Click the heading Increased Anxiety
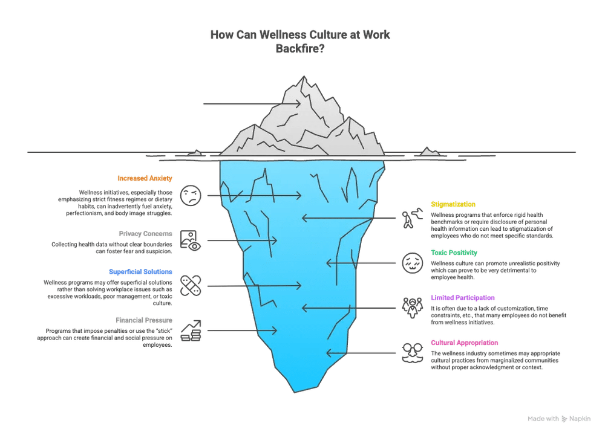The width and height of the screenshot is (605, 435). click(x=145, y=178)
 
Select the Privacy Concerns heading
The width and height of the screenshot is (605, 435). click(x=147, y=234)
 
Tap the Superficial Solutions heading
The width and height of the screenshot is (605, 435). click(x=140, y=272)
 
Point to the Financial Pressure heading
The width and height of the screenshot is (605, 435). click(x=144, y=320)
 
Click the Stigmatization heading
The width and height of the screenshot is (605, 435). click(x=453, y=204)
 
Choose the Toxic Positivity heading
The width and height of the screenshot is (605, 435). click(x=454, y=253)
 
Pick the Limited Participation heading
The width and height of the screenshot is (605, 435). click(x=462, y=298)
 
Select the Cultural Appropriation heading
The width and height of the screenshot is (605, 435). click(x=465, y=343)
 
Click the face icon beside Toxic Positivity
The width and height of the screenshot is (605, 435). click(x=411, y=262)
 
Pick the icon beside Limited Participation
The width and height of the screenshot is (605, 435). click(x=412, y=308)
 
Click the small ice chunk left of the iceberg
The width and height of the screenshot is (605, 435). click(x=195, y=154)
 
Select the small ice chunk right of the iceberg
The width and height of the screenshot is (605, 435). click(x=430, y=152)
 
